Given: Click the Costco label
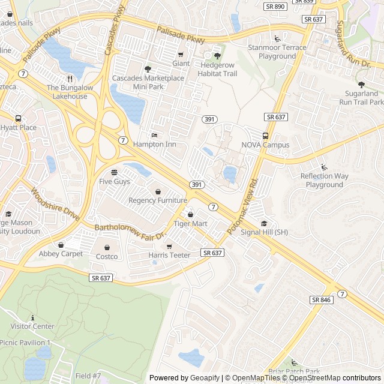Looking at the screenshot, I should coord(107,257).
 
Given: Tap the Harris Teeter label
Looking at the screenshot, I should coord(169,256).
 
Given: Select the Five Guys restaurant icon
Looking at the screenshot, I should coord(114,172).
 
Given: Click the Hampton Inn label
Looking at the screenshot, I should coord(154,145).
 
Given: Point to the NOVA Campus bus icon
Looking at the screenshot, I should coord(265,136).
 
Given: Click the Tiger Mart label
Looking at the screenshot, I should coord(190,224).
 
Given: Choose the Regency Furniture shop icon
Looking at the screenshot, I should coord(158,191).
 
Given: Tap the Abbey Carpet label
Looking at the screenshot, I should coord(61,254).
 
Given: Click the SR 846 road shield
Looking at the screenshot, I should coord(322,299).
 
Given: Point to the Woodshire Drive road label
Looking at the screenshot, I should coord(55,205).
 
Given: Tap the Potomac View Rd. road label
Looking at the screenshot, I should coord(243,206).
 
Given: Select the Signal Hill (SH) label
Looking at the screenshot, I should coord(264,232).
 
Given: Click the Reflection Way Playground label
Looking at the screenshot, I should coord(325,180).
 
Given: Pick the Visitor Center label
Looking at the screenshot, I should coord(32,326).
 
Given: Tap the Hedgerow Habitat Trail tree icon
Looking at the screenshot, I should coord(217,56).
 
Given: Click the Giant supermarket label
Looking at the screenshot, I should coord(181,63).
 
